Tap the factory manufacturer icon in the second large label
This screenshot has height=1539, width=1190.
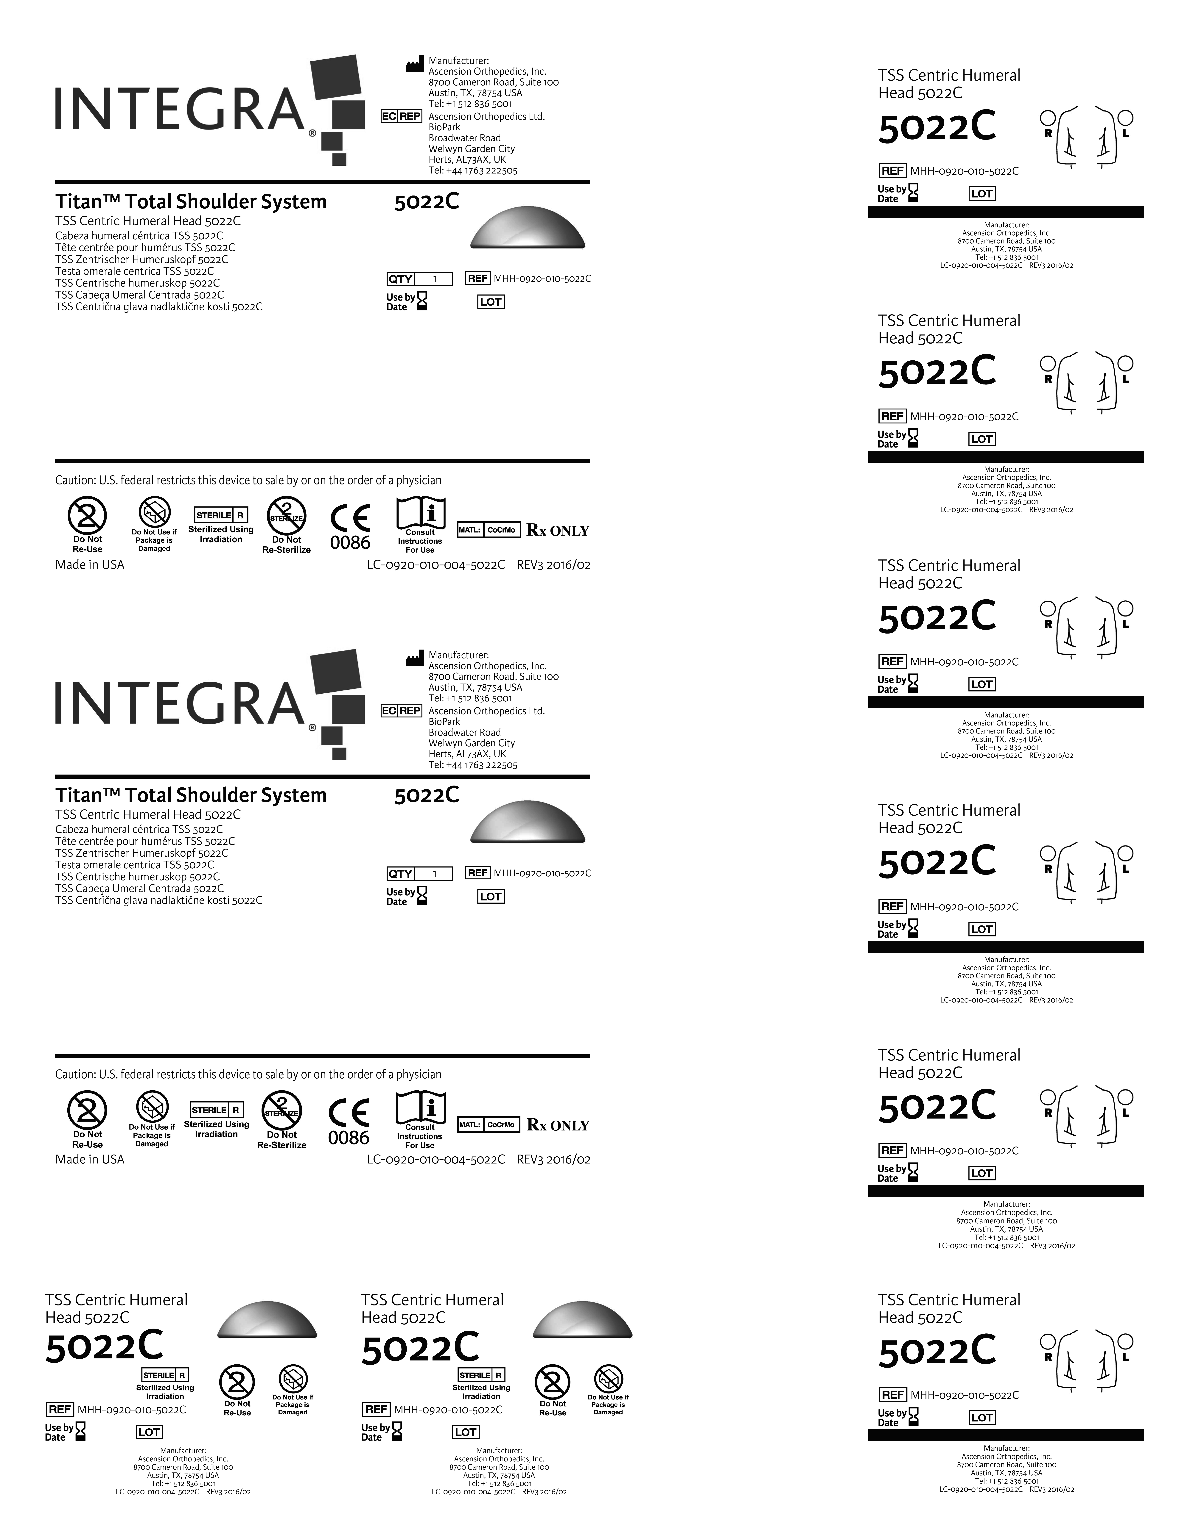pyautogui.click(x=415, y=659)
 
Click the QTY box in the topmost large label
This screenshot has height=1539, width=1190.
pyautogui.click(x=419, y=279)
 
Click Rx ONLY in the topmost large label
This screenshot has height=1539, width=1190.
pyautogui.click(x=558, y=531)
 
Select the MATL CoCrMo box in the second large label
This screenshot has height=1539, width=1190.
pyautogui.click(x=489, y=1125)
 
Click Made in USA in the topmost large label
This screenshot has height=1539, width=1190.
pyautogui.click(x=90, y=564)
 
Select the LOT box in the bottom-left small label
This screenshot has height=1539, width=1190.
pyautogui.click(x=149, y=1432)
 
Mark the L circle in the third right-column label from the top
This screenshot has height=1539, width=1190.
pyautogui.click(x=1126, y=607)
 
